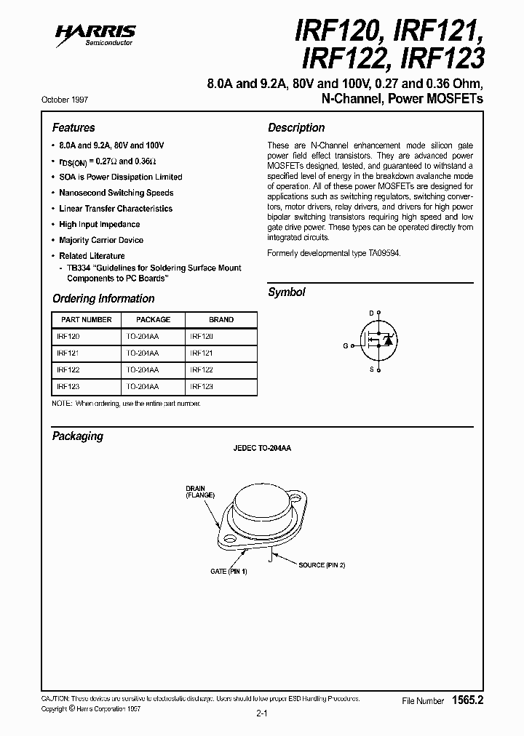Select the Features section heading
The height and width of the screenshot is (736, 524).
pos(74,127)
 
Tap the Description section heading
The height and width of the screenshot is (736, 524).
pos(296,127)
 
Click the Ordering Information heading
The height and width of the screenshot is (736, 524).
pos(103,298)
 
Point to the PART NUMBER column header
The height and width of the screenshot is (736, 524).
pos(87,319)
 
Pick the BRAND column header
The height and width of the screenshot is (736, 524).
pos(221,319)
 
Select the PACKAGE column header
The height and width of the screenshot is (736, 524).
pos(154,319)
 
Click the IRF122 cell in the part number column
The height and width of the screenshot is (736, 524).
pos(68,369)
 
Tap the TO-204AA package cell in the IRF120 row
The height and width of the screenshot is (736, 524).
pos(143,337)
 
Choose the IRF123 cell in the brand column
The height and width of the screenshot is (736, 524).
pos(202,386)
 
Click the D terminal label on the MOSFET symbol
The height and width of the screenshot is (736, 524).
pos(370,313)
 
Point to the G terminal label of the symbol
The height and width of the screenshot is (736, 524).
pos(346,345)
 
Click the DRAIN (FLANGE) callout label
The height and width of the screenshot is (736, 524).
pos(200,491)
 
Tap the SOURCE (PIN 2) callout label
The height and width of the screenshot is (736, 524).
pos(321,564)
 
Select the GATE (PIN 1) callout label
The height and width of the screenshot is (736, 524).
pos(229,572)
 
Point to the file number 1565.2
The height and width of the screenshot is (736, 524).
pos(467,700)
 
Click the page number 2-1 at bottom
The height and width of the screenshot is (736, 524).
pos(262,713)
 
